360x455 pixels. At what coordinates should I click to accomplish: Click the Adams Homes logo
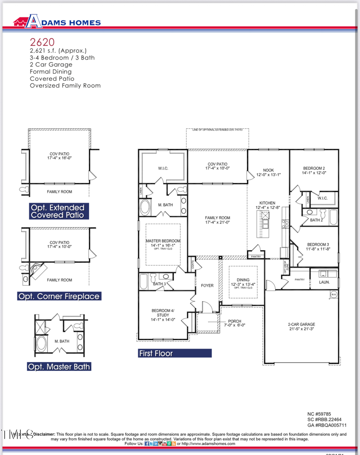(x=57, y=22)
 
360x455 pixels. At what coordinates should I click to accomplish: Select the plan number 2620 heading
(x=42, y=42)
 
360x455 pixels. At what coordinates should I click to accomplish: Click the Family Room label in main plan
(x=217, y=218)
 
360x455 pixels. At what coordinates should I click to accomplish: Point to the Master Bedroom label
(x=163, y=241)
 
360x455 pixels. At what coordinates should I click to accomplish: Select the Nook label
(x=268, y=170)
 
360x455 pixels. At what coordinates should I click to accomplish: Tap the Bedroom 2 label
(x=314, y=168)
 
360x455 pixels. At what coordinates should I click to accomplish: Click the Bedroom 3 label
(x=318, y=245)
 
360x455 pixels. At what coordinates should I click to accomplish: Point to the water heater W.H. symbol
(x=334, y=295)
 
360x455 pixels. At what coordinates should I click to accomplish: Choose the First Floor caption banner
(x=174, y=353)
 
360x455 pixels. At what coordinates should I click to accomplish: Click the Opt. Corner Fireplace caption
(x=59, y=297)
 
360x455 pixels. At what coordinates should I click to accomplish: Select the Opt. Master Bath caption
(x=59, y=367)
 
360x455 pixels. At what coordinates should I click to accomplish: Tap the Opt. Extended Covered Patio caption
(x=58, y=211)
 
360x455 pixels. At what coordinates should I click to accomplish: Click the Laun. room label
(x=324, y=282)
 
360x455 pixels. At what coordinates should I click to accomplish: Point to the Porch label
(x=234, y=321)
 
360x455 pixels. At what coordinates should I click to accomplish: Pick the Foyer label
(x=207, y=285)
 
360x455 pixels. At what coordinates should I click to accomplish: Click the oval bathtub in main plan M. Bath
(x=144, y=208)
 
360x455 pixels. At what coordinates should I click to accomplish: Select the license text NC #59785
(x=319, y=414)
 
